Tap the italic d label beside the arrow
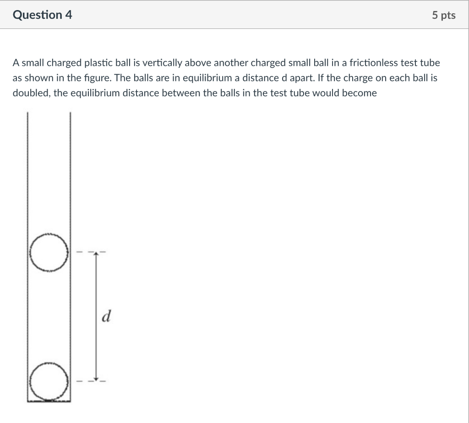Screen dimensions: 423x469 (106, 316)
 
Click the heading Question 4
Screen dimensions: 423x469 (43, 15)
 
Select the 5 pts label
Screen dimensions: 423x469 (443, 15)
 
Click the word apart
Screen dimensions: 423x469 (300, 78)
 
